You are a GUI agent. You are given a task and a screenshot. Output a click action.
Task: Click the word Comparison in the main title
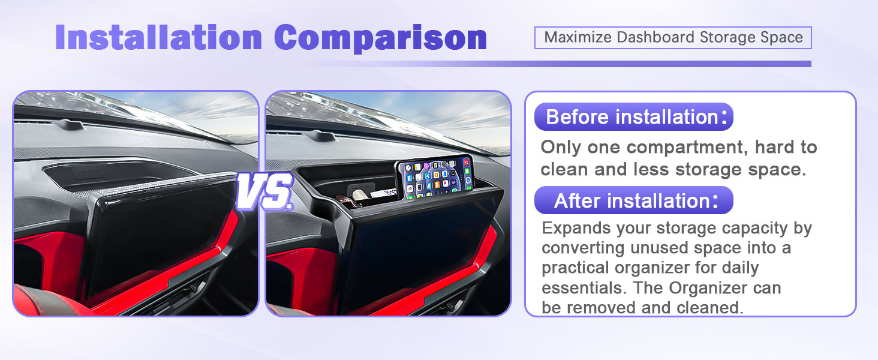[380, 38]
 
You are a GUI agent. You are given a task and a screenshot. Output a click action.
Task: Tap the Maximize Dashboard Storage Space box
[673, 38]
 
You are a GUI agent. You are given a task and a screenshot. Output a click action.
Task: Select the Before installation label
[634, 117]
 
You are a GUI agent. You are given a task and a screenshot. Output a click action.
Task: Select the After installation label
[634, 200]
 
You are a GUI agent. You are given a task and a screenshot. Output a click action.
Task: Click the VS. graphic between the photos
[265, 191]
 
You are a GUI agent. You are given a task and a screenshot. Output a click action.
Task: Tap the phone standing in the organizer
[434, 177]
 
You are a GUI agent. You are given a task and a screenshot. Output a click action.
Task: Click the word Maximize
[578, 37]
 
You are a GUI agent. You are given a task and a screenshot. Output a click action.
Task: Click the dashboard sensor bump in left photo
[69, 124]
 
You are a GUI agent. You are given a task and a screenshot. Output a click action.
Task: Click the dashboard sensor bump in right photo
[321, 136]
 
